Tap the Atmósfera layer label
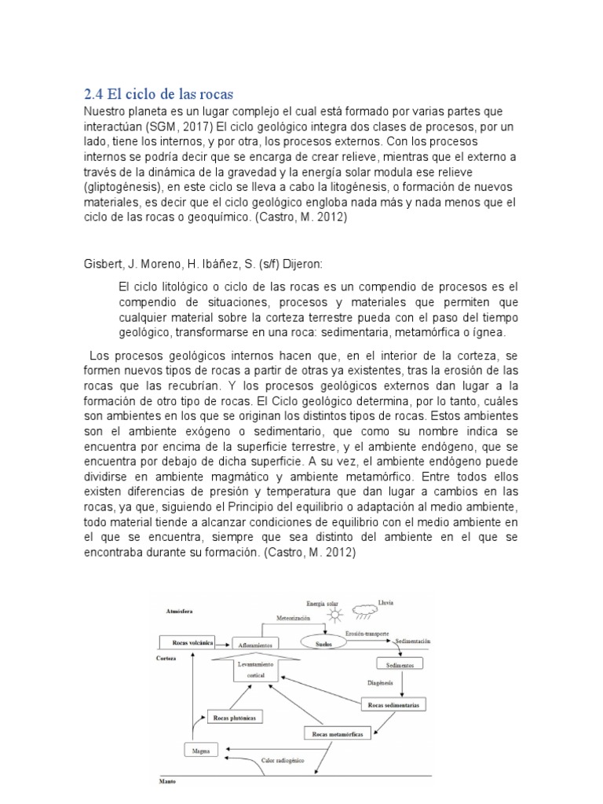[178, 610]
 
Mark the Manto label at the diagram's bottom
[168, 782]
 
